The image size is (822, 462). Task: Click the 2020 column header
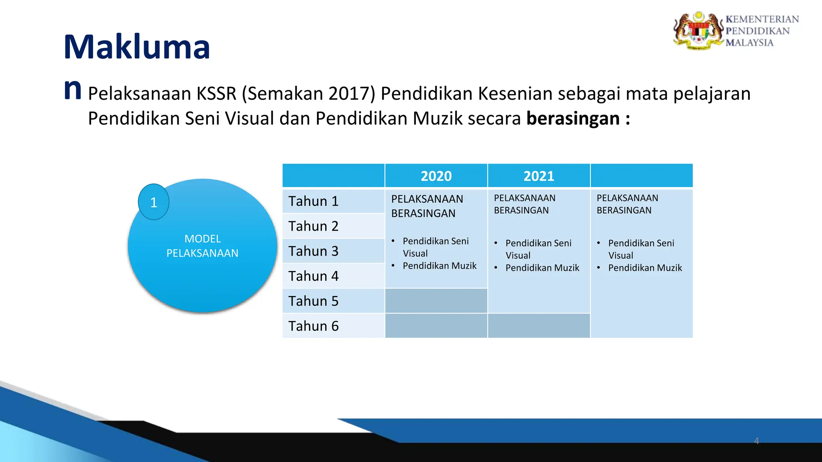point(436,176)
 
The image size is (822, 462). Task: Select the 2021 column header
point(539,176)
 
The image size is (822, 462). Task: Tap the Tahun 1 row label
point(313,201)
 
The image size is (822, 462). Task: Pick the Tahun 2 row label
point(313,226)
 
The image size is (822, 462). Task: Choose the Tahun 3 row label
point(313,251)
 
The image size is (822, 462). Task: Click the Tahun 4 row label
point(313,276)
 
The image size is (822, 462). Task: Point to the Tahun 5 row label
point(313,301)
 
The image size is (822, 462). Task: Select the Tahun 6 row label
point(313,326)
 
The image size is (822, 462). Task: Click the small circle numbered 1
point(153,202)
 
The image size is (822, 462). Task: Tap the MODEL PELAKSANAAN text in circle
point(202,246)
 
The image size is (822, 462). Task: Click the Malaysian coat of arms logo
point(698,30)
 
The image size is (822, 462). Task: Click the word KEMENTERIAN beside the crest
point(762,19)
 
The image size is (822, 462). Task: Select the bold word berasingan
point(573,119)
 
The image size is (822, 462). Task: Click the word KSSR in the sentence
point(216,94)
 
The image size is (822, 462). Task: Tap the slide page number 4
point(756,441)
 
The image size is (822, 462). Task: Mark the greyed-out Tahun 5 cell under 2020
point(436,301)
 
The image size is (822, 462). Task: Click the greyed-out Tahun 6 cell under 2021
point(539,326)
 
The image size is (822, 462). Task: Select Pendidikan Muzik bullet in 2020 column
point(439,266)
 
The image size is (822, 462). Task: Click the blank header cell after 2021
point(641,176)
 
